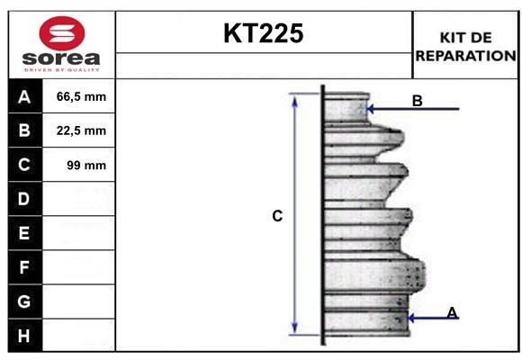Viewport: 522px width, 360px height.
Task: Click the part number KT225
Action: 264,34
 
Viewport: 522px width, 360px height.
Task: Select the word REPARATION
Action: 466,55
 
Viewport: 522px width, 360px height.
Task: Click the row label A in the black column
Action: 24,96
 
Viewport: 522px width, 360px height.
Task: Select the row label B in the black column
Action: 24,130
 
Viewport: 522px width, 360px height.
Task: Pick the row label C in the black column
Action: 24,165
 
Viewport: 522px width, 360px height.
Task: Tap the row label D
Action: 24,199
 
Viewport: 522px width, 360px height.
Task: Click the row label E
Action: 24,233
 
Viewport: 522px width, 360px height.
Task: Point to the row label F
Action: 24,267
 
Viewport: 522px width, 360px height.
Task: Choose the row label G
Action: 24,301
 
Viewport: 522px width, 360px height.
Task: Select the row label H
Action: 24,336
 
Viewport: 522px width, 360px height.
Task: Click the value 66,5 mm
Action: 81,96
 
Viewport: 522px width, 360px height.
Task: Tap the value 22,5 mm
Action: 81,130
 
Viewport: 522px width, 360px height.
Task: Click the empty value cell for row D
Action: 79,199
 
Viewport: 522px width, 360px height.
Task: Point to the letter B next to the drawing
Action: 417,101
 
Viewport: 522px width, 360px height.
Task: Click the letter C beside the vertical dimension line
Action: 278,216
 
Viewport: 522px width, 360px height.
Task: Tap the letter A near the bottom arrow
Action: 452,312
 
